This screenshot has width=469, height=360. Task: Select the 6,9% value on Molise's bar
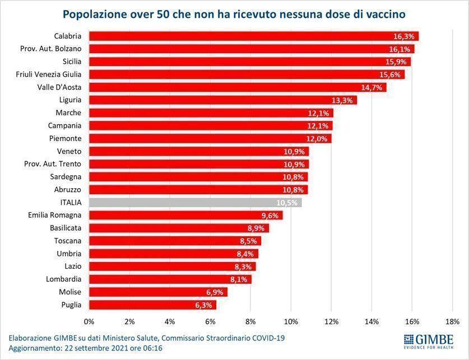point(216,292)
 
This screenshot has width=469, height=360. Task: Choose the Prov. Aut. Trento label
point(53,164)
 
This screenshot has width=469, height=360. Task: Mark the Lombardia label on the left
point(63,279)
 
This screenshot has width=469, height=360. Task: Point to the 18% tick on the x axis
point(452,321)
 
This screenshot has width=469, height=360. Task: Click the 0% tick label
point(89,321)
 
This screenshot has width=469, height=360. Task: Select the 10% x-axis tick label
point(291,321)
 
